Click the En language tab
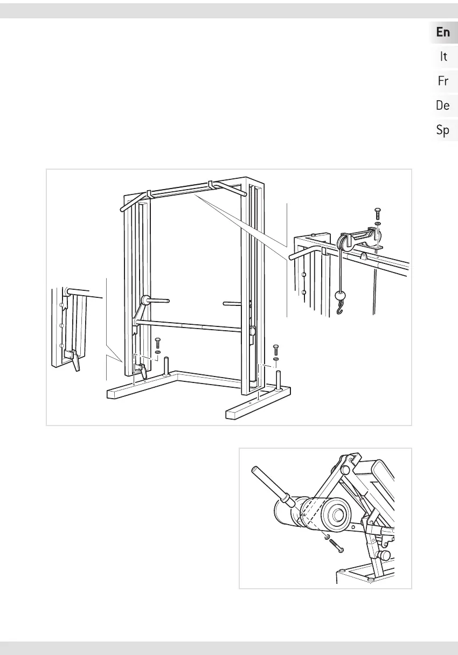tap(443, 32)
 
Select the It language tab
tap(443, 56)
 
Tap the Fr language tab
tap(443, 81)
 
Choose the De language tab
tap(443, 106)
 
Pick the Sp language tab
tap(443, 130)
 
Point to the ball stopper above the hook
tap(340, 295)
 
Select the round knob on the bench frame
tap(385, 554)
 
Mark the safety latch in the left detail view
tap(71, 358)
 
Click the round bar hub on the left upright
tap(145, 300)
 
